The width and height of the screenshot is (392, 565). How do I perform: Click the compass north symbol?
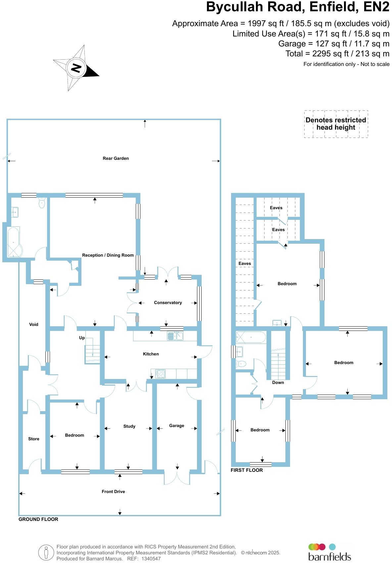76,68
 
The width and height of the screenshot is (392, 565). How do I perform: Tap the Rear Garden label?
116,158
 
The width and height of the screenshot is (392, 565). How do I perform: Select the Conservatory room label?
168,303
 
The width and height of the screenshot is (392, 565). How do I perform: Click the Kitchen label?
151,354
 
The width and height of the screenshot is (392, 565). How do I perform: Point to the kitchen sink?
175,336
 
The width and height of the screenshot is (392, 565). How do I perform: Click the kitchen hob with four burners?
160,374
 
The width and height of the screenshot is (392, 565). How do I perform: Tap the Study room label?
129,426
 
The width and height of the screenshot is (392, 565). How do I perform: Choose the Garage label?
176,426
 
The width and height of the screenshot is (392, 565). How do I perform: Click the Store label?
33,439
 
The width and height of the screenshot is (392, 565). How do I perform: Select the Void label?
33,325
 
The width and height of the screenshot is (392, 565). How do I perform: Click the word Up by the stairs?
82,338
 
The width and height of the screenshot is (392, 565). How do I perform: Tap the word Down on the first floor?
278,383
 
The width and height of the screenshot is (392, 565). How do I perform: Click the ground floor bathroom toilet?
42,203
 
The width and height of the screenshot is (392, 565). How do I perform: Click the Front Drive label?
113,492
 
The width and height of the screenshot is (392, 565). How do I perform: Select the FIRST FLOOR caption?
247,470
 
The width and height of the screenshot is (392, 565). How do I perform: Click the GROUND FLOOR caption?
38,519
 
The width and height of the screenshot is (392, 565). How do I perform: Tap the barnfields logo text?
329,556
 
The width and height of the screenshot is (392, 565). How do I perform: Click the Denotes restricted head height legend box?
336,124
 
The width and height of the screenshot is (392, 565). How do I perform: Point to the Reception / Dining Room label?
108,255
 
